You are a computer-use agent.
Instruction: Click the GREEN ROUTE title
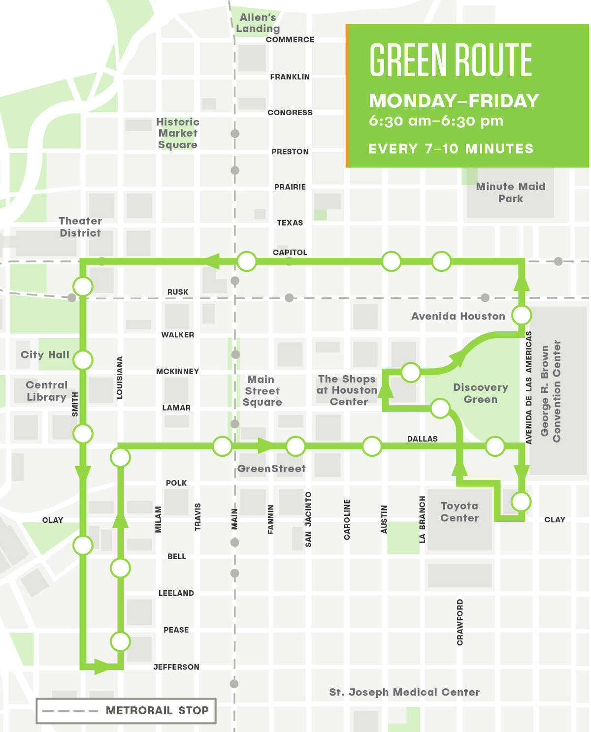tap(451, 60)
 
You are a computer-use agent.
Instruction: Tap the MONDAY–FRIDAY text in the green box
tap(454, 101)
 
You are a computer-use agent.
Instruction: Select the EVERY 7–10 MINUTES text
tap(451, 149)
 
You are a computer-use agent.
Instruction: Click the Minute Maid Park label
tap(510, 192)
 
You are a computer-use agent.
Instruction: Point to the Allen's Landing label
tap(258, 23)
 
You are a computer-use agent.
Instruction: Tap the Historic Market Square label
tap(178, 133)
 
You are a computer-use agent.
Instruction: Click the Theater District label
tap(80, 227)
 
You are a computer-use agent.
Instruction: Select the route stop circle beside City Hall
tap(83, 360)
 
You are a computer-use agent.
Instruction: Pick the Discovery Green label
tap(480, 393)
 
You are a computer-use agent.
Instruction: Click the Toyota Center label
tap(460, 512)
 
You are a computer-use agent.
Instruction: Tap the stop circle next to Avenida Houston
tap(522, 315)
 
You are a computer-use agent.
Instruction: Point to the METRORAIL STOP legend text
tap(157, 710)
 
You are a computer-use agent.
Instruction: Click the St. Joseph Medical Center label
tap(404, 692)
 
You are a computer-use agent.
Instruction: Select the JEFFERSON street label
tap(176, 667)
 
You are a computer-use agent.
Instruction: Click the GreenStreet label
tap(271, 469)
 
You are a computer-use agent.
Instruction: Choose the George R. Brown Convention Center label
tap(551, 391)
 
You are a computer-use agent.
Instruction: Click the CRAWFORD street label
tap(460, 622)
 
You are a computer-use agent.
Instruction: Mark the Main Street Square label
tap(262, 391)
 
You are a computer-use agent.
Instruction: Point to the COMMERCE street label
tap(290, 40)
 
